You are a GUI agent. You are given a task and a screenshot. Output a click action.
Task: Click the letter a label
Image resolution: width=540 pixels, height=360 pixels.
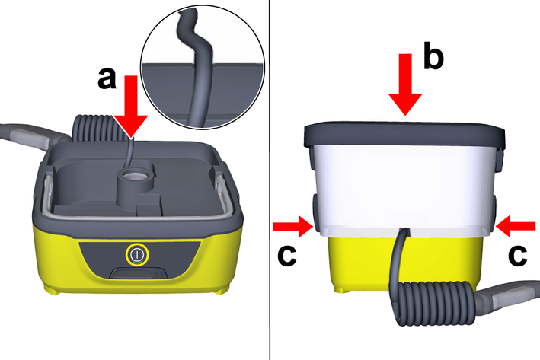107,78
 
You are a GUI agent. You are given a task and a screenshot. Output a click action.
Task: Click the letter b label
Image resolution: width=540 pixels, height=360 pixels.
433,56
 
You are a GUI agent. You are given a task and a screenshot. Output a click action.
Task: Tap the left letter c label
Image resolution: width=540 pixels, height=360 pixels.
287,256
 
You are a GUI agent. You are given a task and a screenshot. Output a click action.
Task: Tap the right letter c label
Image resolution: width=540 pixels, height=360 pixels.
518,256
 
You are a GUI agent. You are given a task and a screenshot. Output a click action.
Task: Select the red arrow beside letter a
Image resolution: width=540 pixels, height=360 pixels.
131,107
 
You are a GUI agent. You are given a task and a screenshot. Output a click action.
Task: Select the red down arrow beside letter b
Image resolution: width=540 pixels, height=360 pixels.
405,84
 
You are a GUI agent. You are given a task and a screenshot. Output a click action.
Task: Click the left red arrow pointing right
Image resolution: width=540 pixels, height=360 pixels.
293,227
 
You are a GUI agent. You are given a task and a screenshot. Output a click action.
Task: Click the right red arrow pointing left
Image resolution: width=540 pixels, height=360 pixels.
516,226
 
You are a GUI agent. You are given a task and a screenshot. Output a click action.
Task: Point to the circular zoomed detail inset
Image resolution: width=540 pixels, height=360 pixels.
203,67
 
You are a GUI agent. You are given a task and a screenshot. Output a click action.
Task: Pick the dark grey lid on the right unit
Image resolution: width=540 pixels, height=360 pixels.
404,134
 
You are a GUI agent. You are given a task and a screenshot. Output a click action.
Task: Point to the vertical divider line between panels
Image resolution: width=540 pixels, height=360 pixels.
270,180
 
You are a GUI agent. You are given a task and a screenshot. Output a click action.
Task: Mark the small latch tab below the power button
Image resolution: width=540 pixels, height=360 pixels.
139,274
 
